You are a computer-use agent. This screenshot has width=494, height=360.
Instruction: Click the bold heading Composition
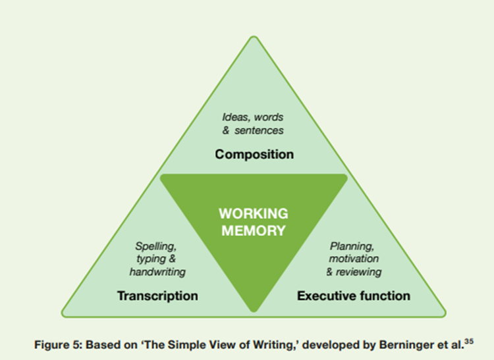pos(254,155)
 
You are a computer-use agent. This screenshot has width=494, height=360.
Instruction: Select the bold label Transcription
pos(157,296)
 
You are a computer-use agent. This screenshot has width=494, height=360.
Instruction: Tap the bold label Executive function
pos(354,296)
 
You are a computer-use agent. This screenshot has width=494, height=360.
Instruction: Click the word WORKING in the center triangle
pos(254,215)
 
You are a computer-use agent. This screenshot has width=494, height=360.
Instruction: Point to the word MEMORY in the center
pos(254,230)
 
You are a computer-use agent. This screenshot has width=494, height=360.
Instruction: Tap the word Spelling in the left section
pos(155,246)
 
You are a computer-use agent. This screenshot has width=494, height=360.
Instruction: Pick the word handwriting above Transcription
pos(157,272)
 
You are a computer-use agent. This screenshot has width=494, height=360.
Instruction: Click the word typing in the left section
pos(149,259)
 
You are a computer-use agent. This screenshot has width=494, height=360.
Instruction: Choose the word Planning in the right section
pos(352,246)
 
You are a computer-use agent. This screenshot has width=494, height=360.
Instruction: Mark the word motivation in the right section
pos(354,259)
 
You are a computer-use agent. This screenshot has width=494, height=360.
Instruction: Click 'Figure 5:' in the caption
pos(55,343)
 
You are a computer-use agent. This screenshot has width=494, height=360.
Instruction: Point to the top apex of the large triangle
pos(254,38)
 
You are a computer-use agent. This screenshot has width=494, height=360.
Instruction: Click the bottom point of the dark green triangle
pos(254,310)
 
